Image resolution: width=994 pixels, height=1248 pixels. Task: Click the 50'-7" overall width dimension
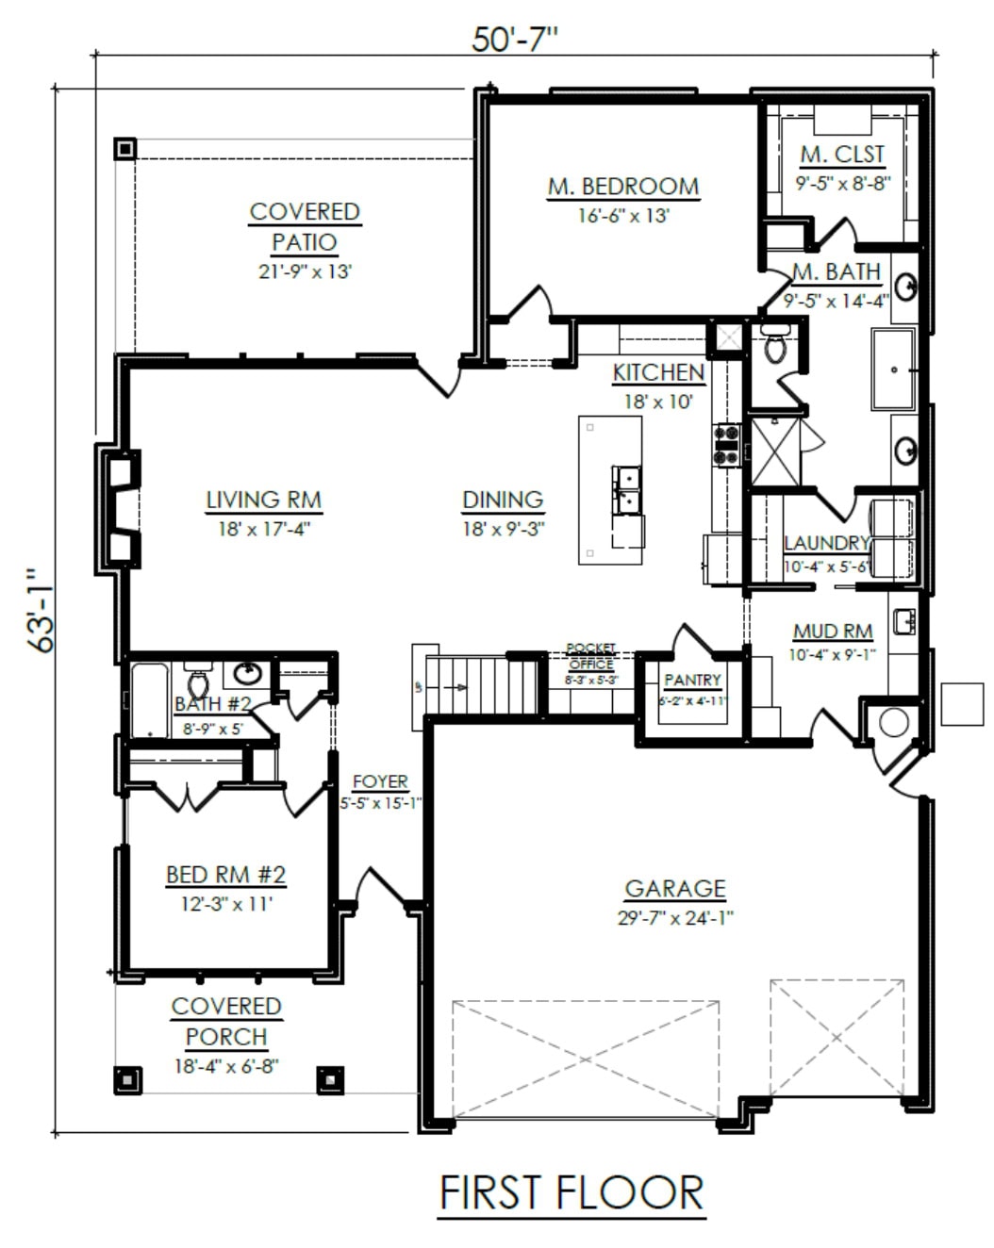point(514,40)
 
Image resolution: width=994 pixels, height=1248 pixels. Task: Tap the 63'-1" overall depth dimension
point(41,611)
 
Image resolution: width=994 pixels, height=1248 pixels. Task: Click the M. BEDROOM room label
point(623,187)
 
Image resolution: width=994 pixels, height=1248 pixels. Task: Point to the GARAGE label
point(675,888)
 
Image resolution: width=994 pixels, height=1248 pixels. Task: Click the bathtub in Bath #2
point(150,700)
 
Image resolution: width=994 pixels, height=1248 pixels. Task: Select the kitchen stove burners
point(727,445)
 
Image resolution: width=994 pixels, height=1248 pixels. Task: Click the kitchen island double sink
point(627,490)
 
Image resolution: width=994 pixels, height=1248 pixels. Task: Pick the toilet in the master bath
point(774,342)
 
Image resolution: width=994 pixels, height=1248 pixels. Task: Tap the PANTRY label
point(692,680)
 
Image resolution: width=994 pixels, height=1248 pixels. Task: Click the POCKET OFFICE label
point(590,656)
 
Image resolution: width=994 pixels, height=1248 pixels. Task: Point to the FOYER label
point(380,781)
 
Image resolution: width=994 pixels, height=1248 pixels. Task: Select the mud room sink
point(903,621)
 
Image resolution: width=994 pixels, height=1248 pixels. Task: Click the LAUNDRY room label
point(826,543)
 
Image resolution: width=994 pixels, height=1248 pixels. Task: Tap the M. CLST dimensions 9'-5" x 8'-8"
point(842,183)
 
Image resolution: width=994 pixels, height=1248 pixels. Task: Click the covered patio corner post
point(124,149)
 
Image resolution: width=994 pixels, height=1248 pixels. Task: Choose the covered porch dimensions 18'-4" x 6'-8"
point(227,1066)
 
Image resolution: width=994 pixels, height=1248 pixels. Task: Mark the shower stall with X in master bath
point(775,452)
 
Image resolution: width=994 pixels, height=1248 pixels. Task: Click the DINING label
point(503,500)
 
